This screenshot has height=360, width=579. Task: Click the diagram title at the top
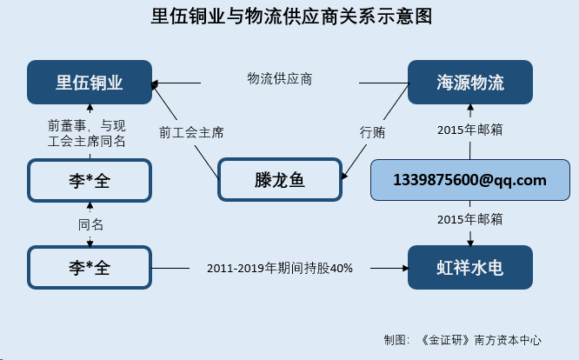point(291,17)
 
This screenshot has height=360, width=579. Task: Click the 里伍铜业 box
point(90,83)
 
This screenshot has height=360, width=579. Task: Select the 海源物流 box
point(470,83)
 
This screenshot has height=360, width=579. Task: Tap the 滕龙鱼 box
point(280,180)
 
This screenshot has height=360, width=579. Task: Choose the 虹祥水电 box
point(470,267)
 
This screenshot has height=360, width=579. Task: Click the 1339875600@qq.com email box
point(470,180)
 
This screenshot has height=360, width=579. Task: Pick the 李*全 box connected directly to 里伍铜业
point(90,181)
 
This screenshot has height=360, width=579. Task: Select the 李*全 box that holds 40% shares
point(90,267)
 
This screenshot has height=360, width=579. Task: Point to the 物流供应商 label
point(280,78)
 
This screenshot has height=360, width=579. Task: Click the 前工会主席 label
point(191,132)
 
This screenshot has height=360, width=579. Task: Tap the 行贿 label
point(372,132)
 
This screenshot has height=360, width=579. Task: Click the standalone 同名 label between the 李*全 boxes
point(90,224)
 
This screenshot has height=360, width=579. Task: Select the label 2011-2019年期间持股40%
point(280,268)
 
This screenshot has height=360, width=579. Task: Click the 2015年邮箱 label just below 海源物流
point(470,130)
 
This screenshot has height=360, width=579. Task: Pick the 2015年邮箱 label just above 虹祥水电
point(470,219)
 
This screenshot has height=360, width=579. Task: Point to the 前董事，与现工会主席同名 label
point(87,133)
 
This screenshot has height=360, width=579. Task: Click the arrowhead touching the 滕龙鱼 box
point(344,176)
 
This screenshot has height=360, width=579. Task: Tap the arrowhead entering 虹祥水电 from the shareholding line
point(406,269)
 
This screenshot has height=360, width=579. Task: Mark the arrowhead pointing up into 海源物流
point(470,108)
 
